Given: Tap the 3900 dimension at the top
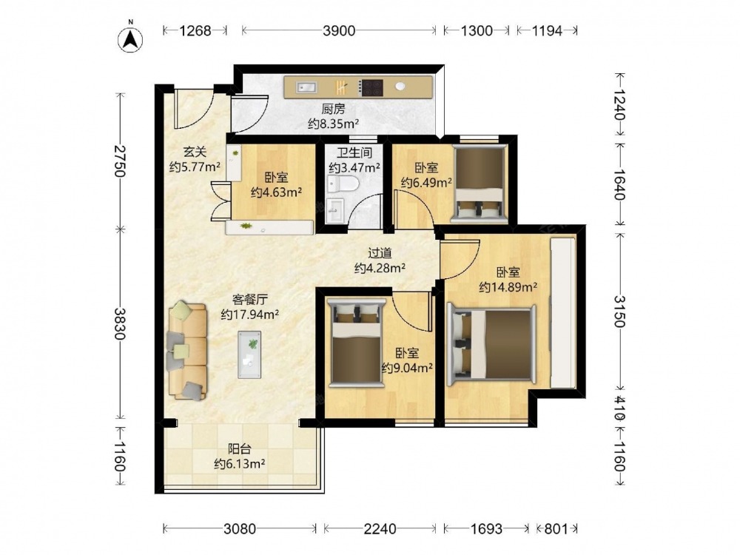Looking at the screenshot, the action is [339, 31].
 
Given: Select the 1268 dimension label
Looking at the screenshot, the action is [195, 31].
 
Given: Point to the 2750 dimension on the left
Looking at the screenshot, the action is [121, 161].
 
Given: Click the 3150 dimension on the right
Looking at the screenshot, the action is [619, 312].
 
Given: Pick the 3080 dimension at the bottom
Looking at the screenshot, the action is [240, 528].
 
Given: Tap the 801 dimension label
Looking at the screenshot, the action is [556, 528].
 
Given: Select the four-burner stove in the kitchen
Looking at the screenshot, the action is [371, 87].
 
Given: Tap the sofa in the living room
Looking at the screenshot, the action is [187, 351].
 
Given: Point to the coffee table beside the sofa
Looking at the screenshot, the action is [249, 354].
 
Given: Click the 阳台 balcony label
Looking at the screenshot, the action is [239, 449].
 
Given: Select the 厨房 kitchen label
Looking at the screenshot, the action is [334, 110].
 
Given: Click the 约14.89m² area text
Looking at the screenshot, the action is [508, 287].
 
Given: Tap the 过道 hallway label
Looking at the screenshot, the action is [380, 253].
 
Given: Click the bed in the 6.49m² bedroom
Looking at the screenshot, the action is [479, 184].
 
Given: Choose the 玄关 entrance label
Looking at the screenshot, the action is [195, 152].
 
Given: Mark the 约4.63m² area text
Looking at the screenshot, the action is [277, 192].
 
